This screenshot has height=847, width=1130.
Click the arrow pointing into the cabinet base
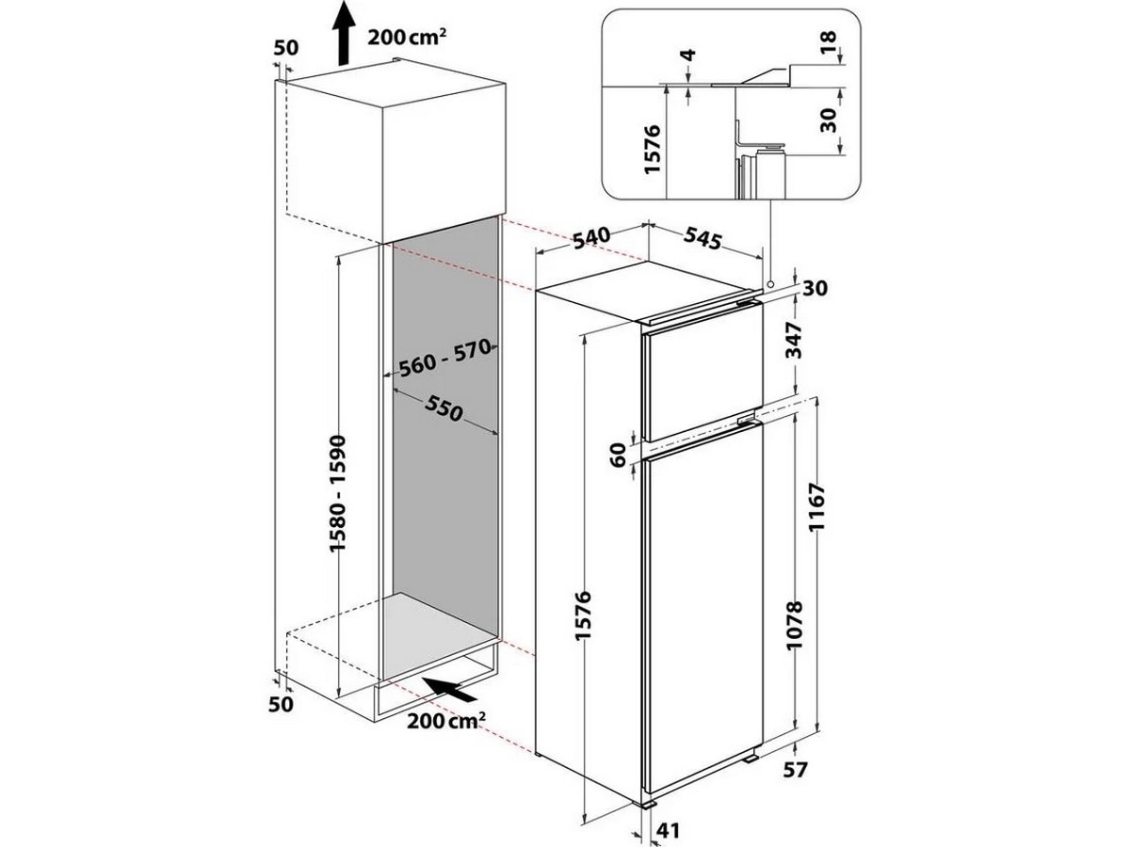pos(448,688)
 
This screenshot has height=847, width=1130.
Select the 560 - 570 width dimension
pos(444,358)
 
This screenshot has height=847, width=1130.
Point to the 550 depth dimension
pos(444,410)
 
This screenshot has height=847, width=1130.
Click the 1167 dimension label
pos(817,506)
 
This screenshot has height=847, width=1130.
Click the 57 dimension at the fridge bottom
pos(796,785)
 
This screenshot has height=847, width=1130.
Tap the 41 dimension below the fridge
pos(669,831)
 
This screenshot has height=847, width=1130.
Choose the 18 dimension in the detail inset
pos(831,40)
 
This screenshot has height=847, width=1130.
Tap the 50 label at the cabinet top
pos(285,48)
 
